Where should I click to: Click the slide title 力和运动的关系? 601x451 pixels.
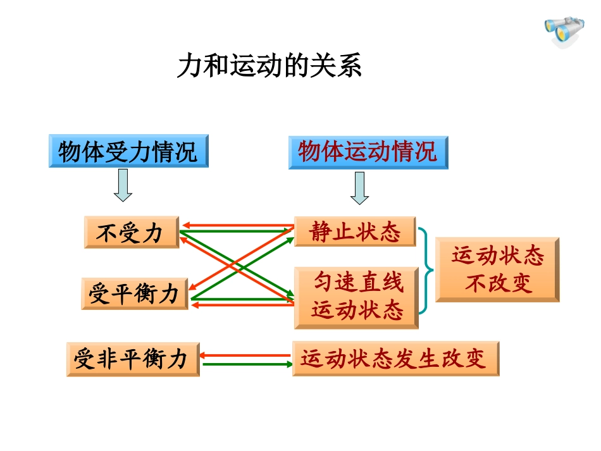270,66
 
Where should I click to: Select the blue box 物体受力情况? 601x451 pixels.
128,152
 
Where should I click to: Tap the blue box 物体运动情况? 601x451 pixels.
368,152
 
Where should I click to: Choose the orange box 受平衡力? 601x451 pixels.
134,294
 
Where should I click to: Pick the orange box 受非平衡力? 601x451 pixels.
132,359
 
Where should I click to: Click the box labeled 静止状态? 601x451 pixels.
355,232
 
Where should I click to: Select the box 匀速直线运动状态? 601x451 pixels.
356,297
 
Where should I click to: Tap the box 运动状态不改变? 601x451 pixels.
497,270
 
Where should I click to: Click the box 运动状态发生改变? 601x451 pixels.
395,359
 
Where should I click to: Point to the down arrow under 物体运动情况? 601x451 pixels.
359,188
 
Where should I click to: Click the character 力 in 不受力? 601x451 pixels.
152,233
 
